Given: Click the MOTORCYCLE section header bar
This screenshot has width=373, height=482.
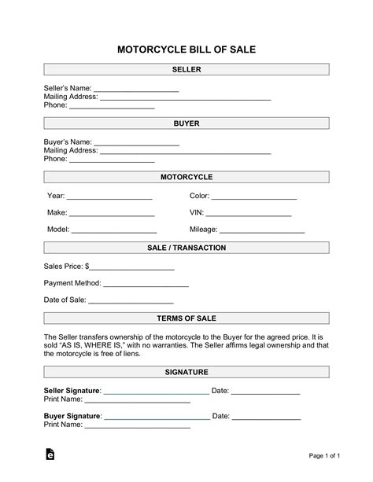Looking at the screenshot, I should tap(186, 177).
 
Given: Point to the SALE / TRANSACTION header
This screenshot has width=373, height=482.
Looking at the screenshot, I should tap(186, 248).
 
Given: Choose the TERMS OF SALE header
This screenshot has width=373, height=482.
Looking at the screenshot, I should tap(186, 318).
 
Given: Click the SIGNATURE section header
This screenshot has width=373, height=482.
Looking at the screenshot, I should tap(186, 371).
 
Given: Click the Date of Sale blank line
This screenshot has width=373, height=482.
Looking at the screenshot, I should tap(131, 302).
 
